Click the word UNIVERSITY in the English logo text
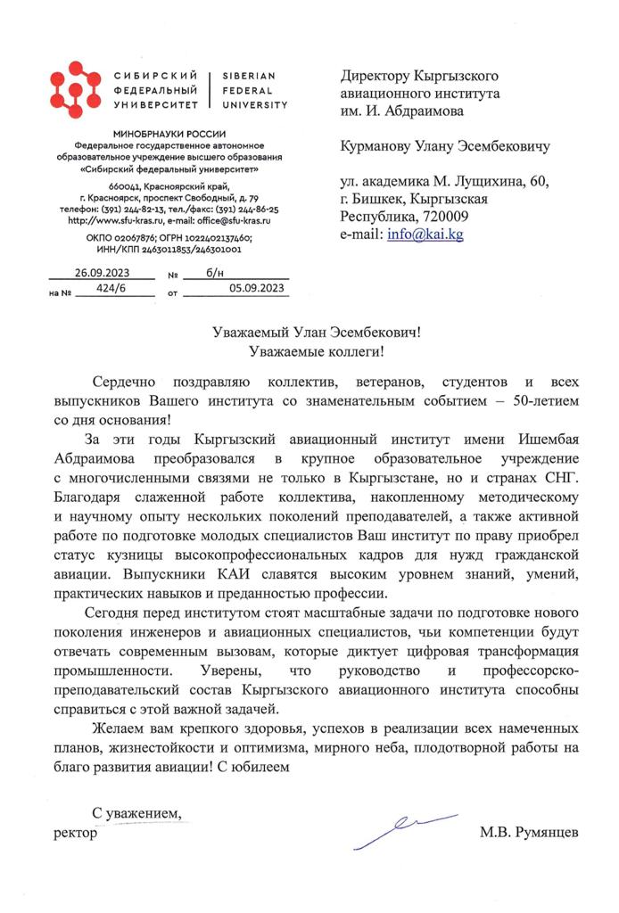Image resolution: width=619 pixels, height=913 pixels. point(254,105)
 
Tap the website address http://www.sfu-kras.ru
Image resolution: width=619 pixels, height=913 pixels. point(110,219)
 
